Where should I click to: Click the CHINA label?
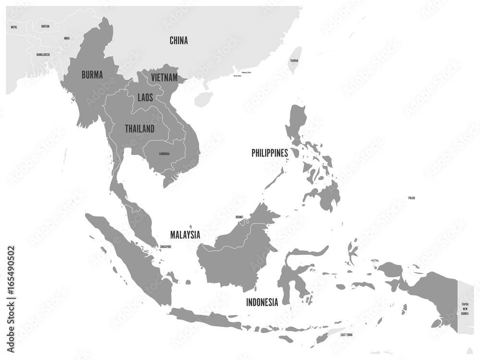(179, 41)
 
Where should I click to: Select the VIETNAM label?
(164, 77)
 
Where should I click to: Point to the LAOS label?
(145, 97)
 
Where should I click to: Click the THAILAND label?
(140, 129)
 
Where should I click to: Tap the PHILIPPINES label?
(270, 153)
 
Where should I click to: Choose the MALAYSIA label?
(185, 235)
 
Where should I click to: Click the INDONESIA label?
(262, 302)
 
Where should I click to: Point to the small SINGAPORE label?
(163, 247)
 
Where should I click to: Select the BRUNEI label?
(239, 217)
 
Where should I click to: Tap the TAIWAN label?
(293, 61)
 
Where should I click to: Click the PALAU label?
(411, 198)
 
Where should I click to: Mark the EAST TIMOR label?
(349, 334)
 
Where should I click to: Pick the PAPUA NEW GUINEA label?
(465, 309)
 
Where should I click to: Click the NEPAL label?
(14, 27)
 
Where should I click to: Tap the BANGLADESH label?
(43, 55)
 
